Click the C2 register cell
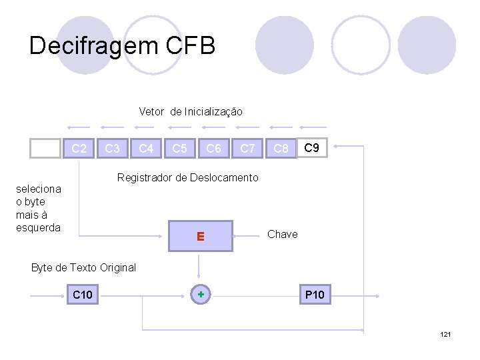(79, 148)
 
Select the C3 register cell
(113, 148)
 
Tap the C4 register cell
(146, 148)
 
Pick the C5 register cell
(179, 148)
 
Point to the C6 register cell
(213, 148)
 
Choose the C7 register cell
(247, 148)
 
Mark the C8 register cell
(281, 148)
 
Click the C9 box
(312, 147)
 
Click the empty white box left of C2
(45, 148)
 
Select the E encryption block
(200, 236)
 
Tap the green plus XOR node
(200, 294)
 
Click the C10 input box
(83, 294)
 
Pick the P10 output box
(315, 294)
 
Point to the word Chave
(282, 234)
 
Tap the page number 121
(445, 333)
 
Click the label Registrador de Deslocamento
(187, 177)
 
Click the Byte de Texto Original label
(83, 267)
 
